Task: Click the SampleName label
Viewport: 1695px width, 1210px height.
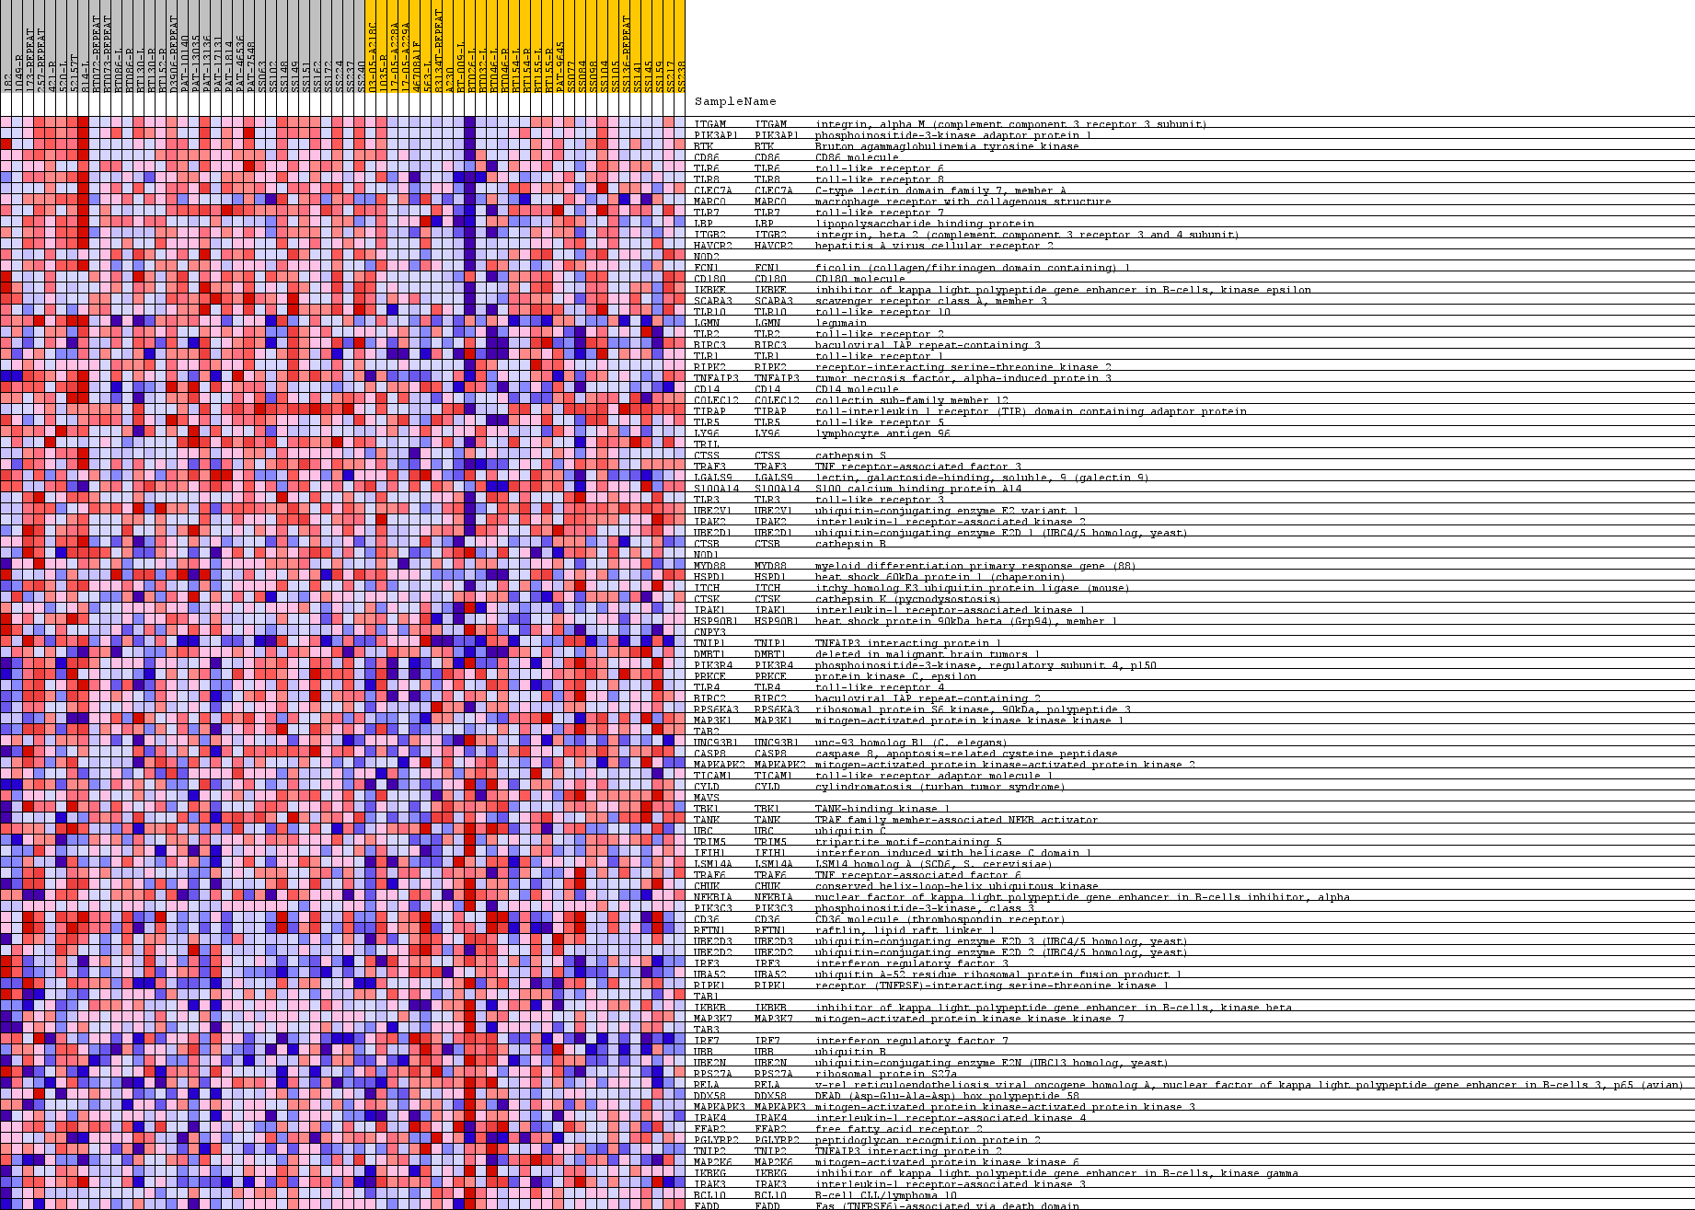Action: (x=734, y=101)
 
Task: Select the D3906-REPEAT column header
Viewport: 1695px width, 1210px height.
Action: (x=173, y=55)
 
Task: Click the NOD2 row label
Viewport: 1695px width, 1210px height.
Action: (x=707, y=257)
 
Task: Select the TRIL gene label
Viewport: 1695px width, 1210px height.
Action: (x=707, y=444)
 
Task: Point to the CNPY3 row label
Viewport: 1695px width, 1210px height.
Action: (x=709, y=632)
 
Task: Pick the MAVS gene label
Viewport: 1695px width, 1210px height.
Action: (x=707, y=798)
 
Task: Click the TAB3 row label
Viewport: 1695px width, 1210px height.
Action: (x=707, y=1030)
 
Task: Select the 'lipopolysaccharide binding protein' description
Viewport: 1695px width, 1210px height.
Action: (x=924, y=224)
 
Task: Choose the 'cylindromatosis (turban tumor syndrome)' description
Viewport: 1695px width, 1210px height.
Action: (x=939, y=787)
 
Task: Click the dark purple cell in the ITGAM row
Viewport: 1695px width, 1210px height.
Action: (x=469, y=124)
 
